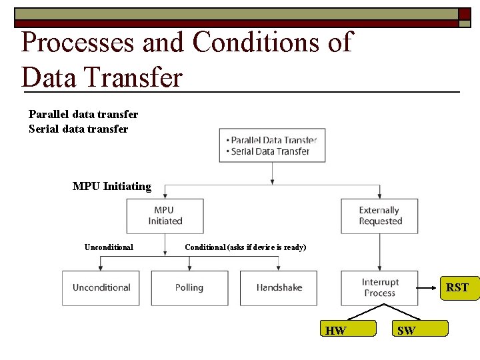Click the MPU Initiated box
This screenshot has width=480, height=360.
pyautogui.click(x=165, y=215)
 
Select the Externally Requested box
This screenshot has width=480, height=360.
pyautogui.click(x=380, y=215)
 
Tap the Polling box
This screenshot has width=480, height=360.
pyautogui.click(x=189, y=288)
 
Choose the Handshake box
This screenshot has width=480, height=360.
pyautogui.click(x=279, y=288)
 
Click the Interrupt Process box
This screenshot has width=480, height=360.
pyautogui.click(x=380, y=288)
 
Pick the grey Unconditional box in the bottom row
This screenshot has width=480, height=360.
pyautogui.click(x=101, y=288)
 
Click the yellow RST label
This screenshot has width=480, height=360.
pyautogui.click(x=457, y=288)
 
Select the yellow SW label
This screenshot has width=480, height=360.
pyautogui.click(x=420, y=329)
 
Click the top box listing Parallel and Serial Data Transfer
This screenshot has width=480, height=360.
pyautogui.click(x=272, y=145)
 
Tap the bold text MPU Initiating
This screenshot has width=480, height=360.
pyautogui.click(x=112, y=187)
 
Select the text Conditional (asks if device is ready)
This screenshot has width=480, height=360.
pyautogui.click(x=245, y=247)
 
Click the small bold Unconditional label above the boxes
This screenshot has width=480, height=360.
pyautogui.click(x=109, y=247)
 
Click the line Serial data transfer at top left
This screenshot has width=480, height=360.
pyautogui.click(x=79, y=129)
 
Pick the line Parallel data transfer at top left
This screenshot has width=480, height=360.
pyautogui.click(x=83, y=115)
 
